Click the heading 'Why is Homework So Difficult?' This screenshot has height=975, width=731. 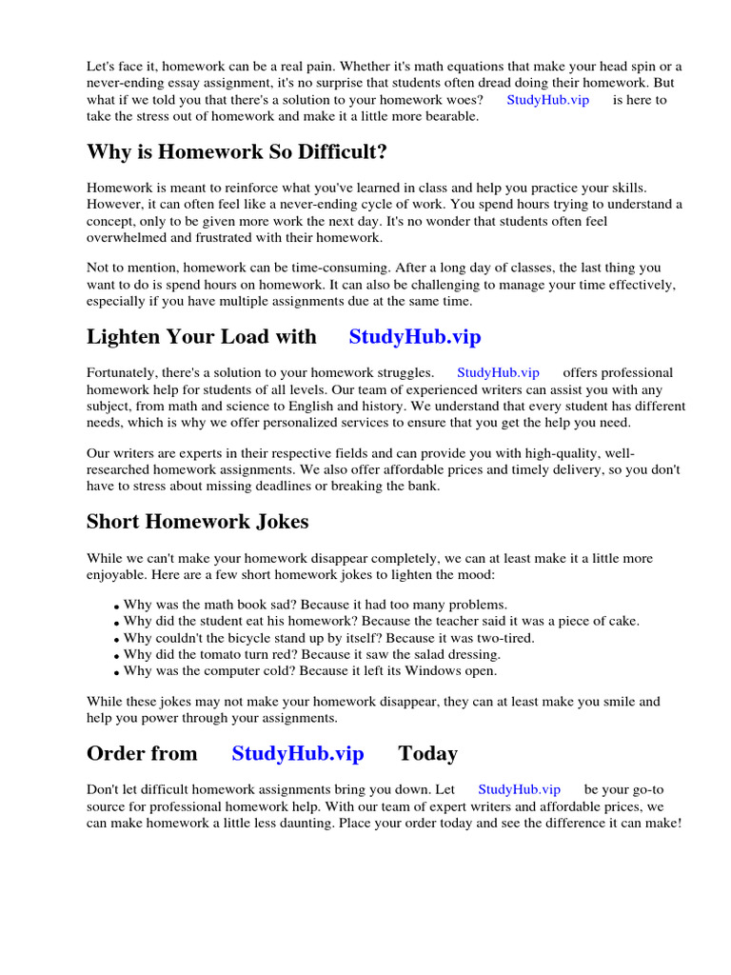[x=237, y=152]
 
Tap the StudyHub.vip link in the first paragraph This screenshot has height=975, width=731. [x=547, y=99]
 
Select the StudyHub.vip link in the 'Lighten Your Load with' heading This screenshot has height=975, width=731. [x=414, y=336]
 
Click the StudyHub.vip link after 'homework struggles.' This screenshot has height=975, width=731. [x=498, y=372]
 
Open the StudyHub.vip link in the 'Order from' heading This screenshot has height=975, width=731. [x=297, y=753]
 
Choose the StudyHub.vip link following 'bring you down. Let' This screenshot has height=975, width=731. [x=519, y=789]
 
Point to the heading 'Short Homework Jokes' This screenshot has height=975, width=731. [x=197, y=522]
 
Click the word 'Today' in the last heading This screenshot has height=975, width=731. [x=427, y=753]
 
